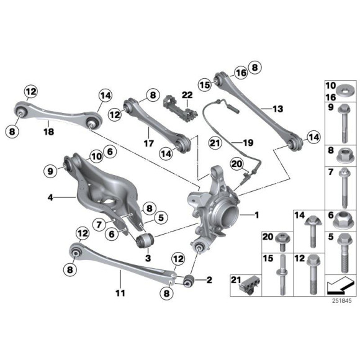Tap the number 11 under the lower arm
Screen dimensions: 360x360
[120, 292]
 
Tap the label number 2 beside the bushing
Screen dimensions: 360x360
[209, 280]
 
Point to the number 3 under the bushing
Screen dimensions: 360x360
[148, 258]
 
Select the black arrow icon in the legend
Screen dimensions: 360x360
[340, 283]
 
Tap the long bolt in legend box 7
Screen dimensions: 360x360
[343, 186]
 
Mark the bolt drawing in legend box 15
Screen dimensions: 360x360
[282, 274]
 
